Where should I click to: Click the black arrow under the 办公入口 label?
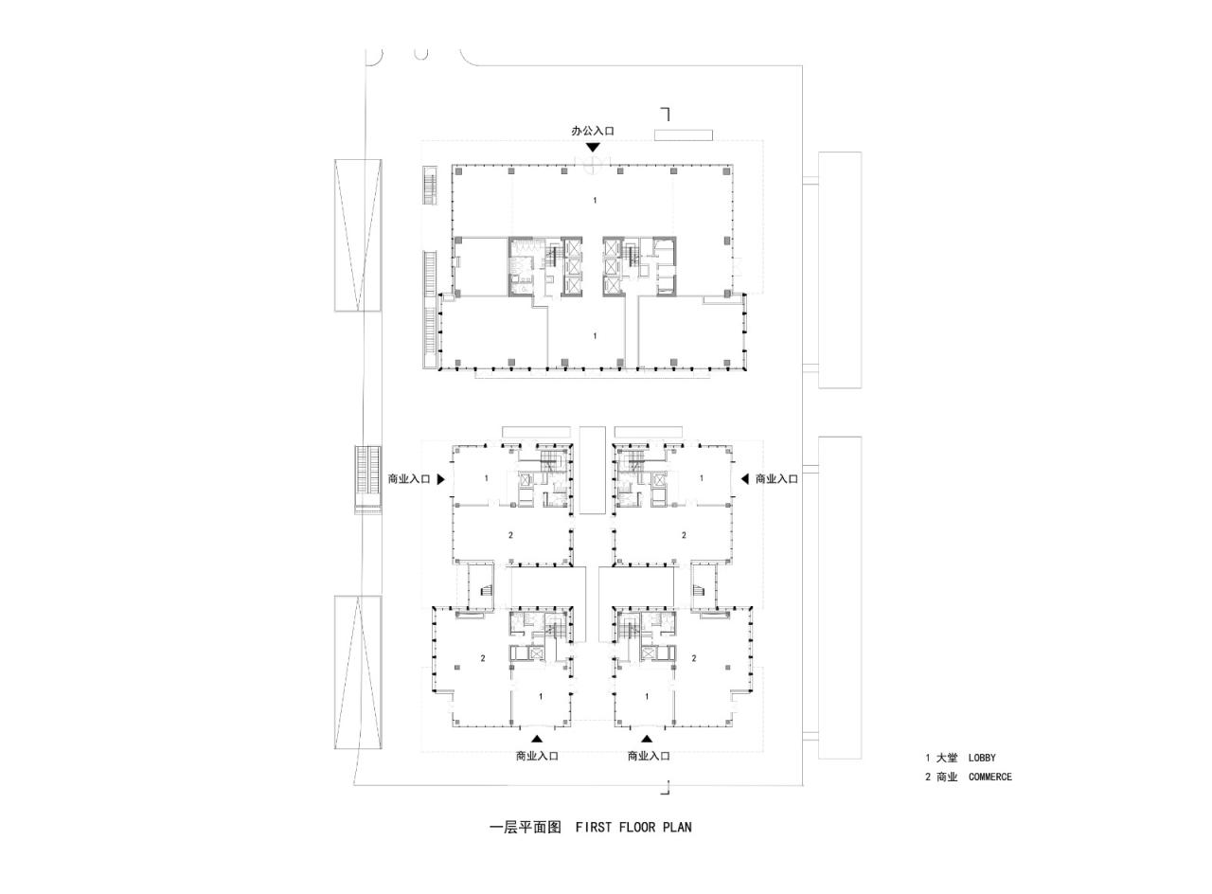tap(593, 147)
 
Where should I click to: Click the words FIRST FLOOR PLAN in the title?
tap(633, 827)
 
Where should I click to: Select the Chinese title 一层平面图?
tap(526, 827)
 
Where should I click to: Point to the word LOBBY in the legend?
tap(982, 758)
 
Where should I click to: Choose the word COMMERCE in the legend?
tap(990, 777)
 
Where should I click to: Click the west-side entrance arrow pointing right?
tap(440, 479)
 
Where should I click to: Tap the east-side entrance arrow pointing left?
tap(745, 479)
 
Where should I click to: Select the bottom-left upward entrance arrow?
tap(537, 739)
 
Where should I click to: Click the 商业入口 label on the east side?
tap(776, 479)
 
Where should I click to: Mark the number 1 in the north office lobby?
tap(595, 200)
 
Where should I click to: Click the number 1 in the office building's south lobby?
tap(595, 335)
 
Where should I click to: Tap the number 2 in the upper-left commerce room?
tap(510, 535)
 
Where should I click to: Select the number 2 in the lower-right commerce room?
tap(694, 658)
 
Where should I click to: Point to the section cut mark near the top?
tap(666, 114)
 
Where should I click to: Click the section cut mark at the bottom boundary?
tap(666, 788)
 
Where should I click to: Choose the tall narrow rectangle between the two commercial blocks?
tap(592, 471)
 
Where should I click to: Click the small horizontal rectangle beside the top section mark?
tap(683, 135)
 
